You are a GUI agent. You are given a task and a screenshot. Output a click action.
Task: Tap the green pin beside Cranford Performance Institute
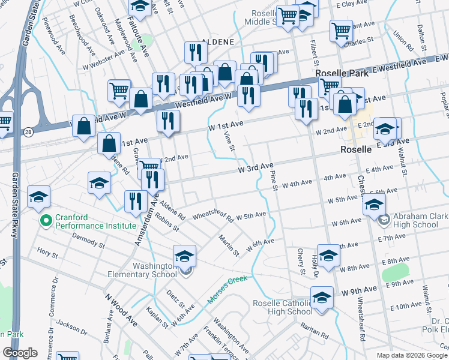click(x=44, y=221)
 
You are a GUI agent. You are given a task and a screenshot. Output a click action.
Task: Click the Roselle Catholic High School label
click(x=282, y=307)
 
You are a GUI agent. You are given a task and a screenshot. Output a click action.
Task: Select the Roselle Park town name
click(x=340, y=73)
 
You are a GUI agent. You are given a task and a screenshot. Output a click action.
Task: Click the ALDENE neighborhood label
click(x=202, y=42)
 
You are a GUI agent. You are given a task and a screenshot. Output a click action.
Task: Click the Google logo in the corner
click(x=20, y=353)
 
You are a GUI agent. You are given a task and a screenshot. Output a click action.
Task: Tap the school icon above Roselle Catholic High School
click(x=322, y=298)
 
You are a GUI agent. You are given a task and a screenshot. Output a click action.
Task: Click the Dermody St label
click(x=88, y=241)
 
